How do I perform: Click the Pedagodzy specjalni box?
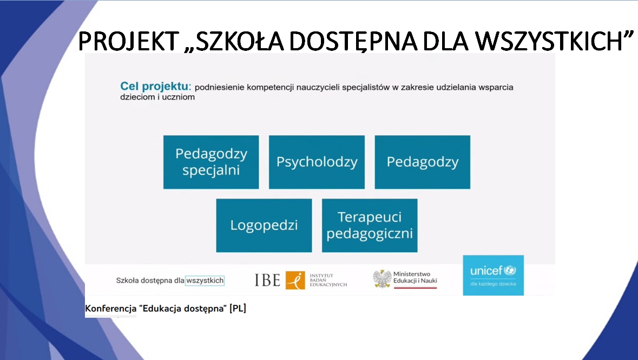(x=211, y=162)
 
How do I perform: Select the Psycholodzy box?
(x=317, y=162)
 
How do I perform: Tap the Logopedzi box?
(x=264, y=225)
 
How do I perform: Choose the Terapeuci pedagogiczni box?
(x=370, y=225)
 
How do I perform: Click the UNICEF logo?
(x=493, y=276)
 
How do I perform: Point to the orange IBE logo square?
(x=295, y=280)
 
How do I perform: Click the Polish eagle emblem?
(x=382, y=279)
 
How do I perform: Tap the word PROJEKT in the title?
(x=129, y=41)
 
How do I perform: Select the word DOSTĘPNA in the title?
(x=353, y=42)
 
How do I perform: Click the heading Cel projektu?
(x=155, y=86)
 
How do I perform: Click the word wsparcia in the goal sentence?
(x=496, y=88)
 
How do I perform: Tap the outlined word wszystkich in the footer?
(x=205, y=280)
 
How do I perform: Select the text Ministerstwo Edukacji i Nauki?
(x=415, y=277)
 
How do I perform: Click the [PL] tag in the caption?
(x=238, y=308)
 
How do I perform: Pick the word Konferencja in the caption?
(x=111, y=309)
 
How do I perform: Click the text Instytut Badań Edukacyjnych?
(x=328, y=280)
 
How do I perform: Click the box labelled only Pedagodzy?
(x=422, y=162)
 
